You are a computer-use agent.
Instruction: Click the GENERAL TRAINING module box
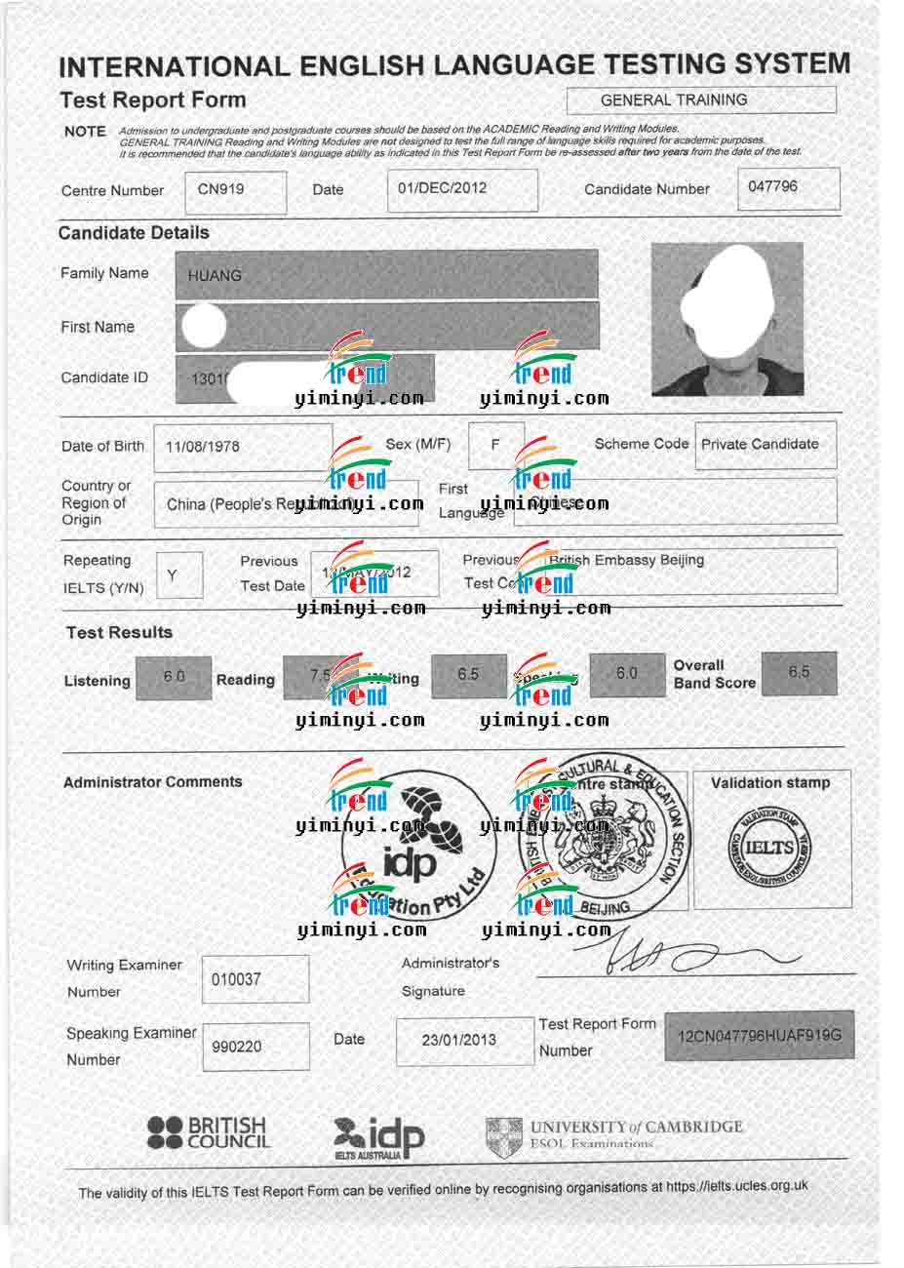coord(701,100)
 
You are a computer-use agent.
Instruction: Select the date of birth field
coord(248,447)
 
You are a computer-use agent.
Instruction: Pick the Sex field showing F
coord(495,445)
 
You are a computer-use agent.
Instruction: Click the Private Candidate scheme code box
coord(765,445)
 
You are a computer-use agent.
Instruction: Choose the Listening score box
coord(174,677)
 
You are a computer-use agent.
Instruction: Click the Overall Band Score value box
coord(799,673)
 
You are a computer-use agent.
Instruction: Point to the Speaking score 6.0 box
coord(626,674)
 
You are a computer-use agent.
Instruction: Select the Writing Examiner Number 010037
coord(255,979)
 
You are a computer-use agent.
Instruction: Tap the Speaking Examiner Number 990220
coord(255,1047)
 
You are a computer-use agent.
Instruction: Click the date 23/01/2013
coord(458,1041)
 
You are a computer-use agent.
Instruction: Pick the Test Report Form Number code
coord(759,1035)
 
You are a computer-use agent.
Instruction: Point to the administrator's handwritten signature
coord(683,956)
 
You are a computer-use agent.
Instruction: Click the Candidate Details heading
coord(134,233)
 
